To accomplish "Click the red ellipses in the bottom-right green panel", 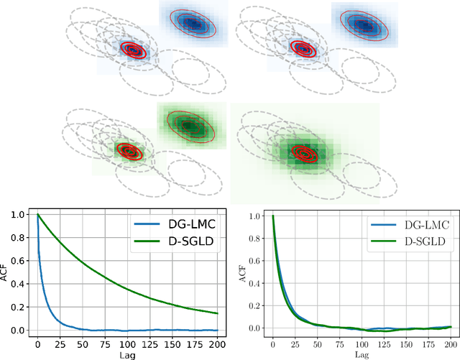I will [x=303, y=154].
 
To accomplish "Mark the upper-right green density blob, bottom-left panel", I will [x=188, y=125].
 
